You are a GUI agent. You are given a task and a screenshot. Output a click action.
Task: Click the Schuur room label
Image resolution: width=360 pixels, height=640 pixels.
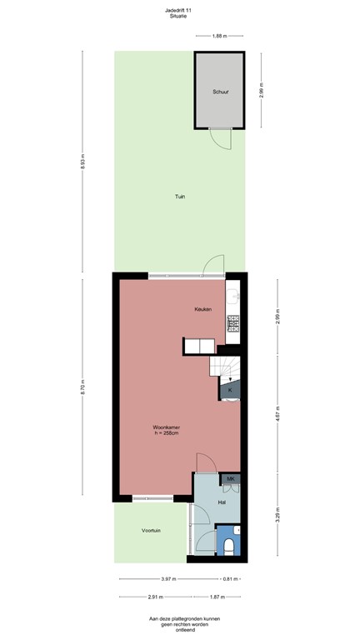pyautogui.click(x=220, y=92)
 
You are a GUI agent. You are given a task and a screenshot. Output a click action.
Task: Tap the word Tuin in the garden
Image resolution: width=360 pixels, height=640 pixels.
pyautogui.click(x=179, y=197)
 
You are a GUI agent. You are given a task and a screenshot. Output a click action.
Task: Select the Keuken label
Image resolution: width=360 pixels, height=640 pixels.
pyautogui.click(x=203, y=309)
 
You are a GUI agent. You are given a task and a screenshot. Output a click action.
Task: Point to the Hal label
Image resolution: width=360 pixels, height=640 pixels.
pyautogui.click(x=222, y=502)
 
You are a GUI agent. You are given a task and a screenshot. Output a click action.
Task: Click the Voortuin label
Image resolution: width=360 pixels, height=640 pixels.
pyautogui.click(x=151, y=530)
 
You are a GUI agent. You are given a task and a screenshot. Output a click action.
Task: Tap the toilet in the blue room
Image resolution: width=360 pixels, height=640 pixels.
pyautogui.click(x=229, y=546)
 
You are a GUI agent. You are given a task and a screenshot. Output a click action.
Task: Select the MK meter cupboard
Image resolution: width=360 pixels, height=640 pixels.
pyautogui.click(x=231, y=479)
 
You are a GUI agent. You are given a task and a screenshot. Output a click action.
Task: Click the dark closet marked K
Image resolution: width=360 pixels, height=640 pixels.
pyautogui.click(x=230, y=389)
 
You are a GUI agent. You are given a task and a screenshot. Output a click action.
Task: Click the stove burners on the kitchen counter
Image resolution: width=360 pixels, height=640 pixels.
pyautogui.click(x=233, y=321)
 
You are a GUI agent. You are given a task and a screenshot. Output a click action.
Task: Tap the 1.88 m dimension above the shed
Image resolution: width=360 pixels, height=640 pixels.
pyautogui.click(x=219, y=36)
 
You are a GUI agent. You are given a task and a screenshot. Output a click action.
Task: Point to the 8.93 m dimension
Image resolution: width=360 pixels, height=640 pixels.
pyautogui.click(x=83, y=164)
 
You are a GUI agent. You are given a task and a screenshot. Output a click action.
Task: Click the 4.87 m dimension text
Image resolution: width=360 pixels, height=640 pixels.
pyautogui.click(x=277, y=412)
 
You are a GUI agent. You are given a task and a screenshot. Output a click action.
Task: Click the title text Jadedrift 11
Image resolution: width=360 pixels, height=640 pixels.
pyautogui.click(x=179, y=10)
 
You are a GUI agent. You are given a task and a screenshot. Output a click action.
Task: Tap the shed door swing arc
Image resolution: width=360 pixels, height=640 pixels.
pyautogui.click(x=219, y=142)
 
